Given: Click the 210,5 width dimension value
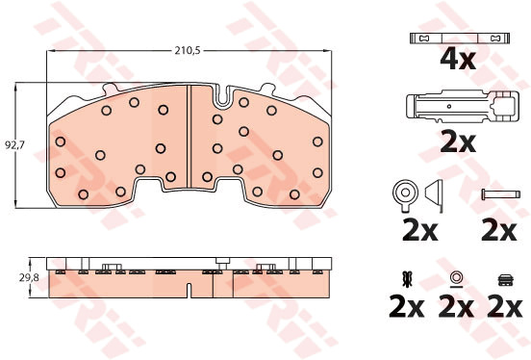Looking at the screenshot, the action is point(188,51).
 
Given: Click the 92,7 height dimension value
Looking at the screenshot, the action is point(14,145).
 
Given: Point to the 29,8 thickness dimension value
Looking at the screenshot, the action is point(29,278).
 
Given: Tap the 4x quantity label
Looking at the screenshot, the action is point(458,59).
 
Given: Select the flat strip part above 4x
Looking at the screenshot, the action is point(460,38).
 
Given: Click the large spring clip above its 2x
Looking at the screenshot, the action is point(463,107).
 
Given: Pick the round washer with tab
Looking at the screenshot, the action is point(405,194).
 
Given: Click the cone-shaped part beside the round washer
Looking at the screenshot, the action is point(434,195).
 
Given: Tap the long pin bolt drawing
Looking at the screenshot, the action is point(500,194).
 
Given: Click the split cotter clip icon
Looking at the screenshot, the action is point(407,278).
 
